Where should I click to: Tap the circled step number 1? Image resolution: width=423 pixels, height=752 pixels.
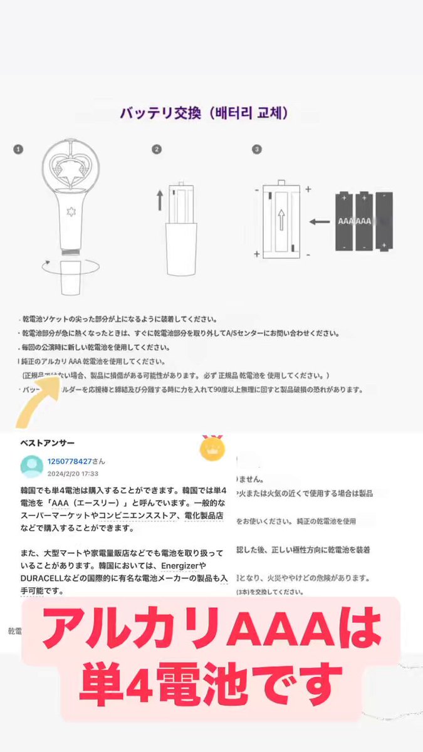pos(19,150)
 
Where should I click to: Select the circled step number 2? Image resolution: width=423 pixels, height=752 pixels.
pos(157,150)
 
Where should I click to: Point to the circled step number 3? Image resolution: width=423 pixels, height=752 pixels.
pos(256,150)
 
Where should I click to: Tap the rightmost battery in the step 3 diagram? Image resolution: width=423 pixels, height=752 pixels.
pos(384,221)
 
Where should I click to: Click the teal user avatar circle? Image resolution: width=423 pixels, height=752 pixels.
pos(31,466)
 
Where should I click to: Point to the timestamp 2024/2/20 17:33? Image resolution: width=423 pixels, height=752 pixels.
pos(73,474)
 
